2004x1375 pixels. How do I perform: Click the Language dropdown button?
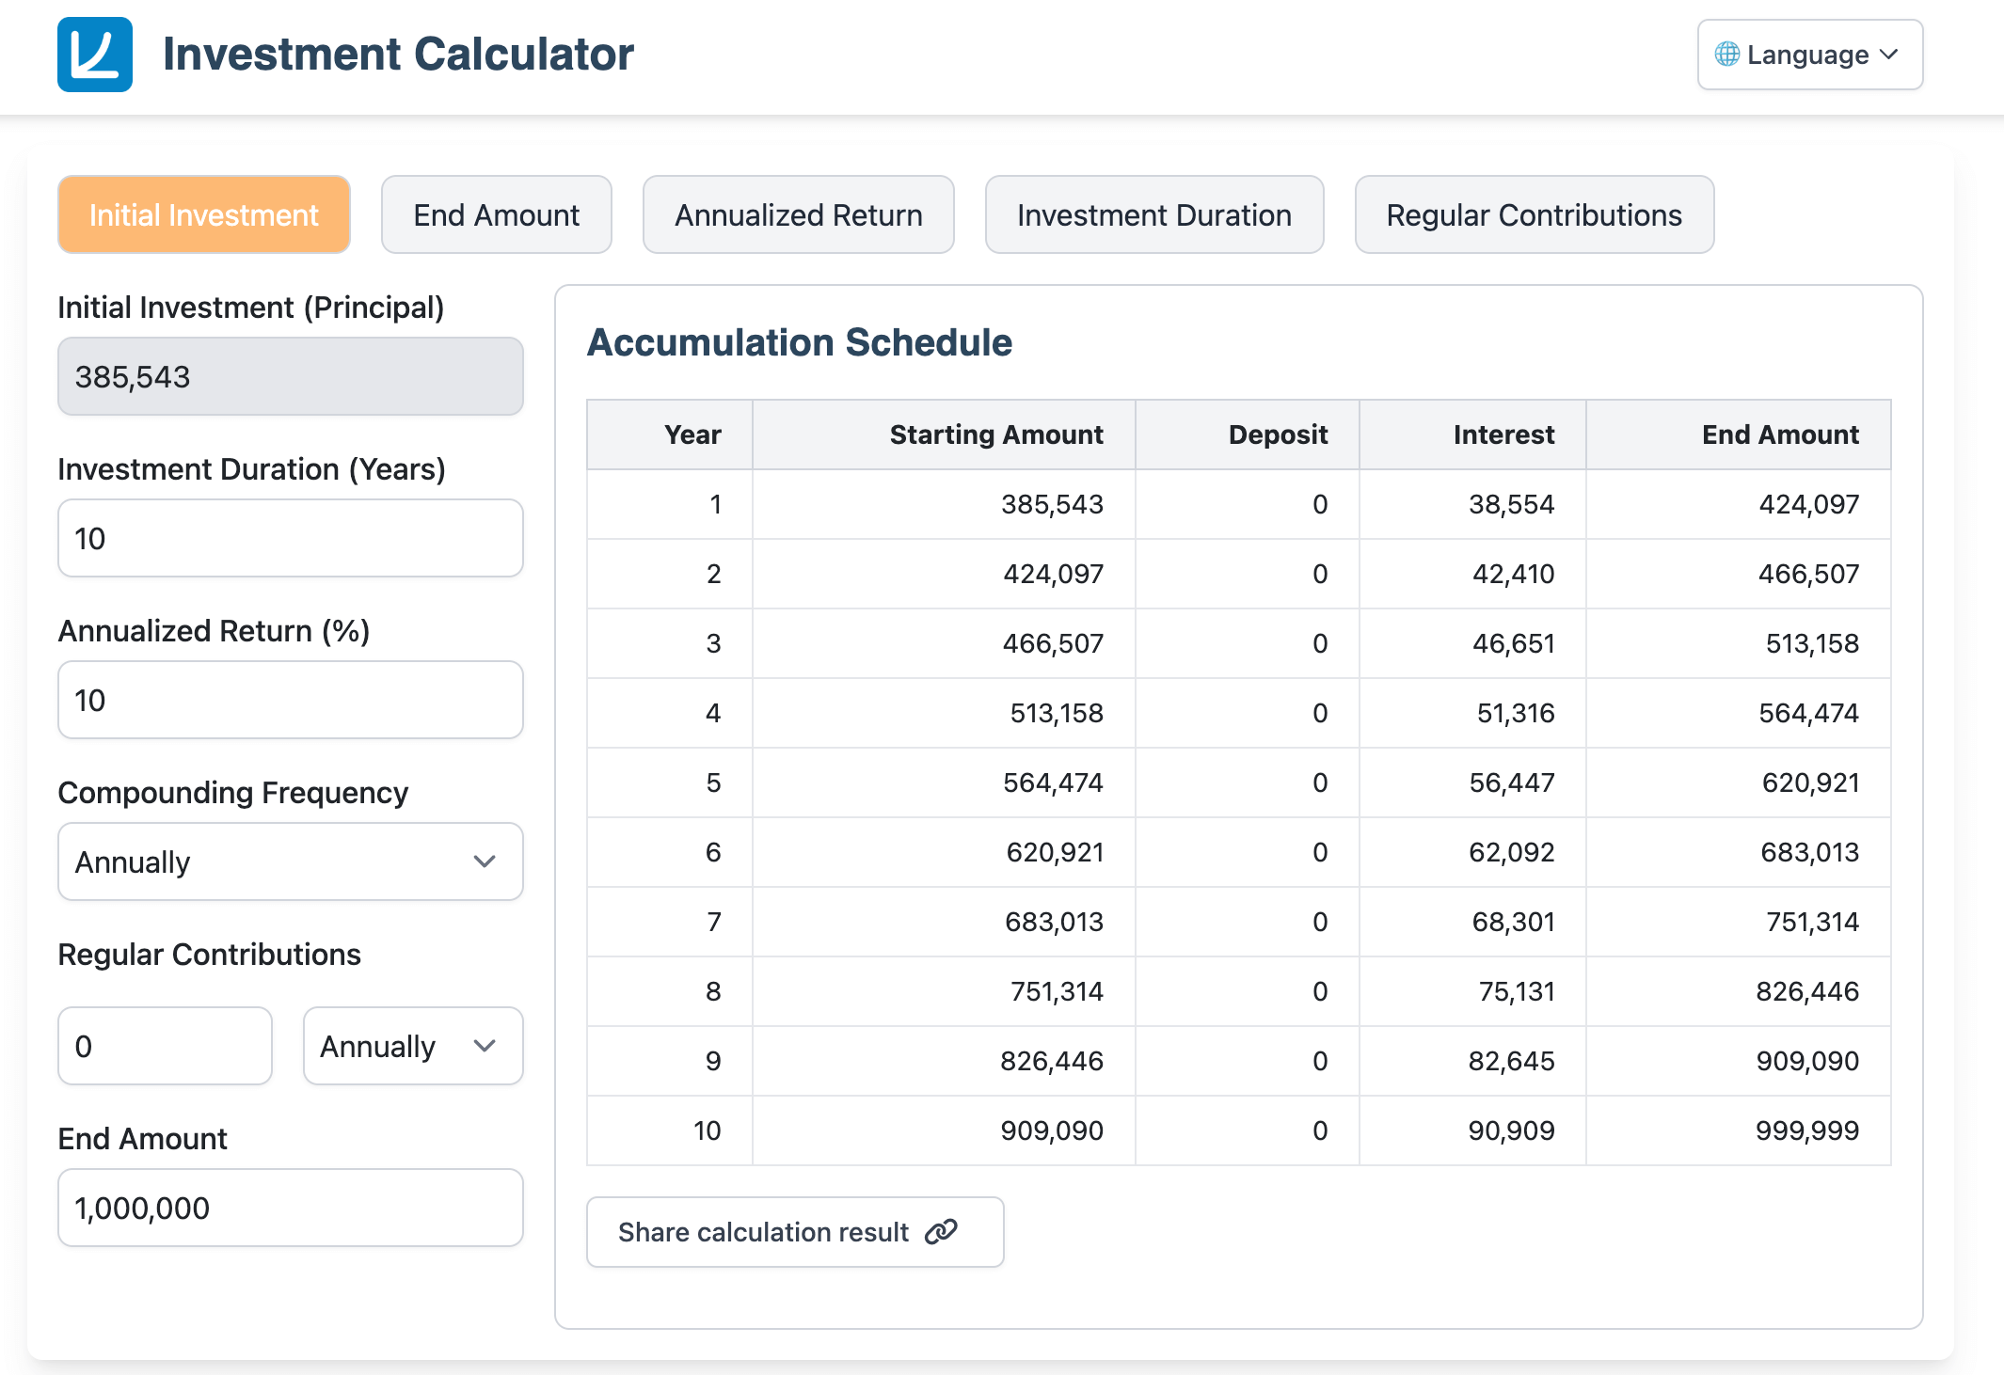pos(1808,55)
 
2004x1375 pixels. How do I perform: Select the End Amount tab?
pos(496,215)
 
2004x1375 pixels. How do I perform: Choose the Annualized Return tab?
pos(798,215)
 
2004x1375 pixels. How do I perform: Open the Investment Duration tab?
pos(1153,215)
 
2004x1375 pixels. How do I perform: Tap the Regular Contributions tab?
pos(1534,215)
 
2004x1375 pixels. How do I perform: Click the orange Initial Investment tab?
pos(203,215)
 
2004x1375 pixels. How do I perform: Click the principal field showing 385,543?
pos(290,377)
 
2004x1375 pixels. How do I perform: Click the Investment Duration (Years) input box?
pos(290,539)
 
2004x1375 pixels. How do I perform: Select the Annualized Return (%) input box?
pos(290,701)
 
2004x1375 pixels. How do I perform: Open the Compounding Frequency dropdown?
pos(290,862)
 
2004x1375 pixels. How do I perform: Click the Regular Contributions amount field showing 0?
pos(165,1047)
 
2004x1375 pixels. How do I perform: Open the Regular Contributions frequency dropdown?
pos(412,1047)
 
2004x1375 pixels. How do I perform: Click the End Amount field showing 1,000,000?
pos(290,1209)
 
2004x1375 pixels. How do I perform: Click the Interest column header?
pos(1503,435)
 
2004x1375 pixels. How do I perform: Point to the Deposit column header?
pos(1277,435)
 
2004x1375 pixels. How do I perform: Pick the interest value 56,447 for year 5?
pos(1511,782)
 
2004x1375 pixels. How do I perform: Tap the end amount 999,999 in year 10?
pos(1806,1130)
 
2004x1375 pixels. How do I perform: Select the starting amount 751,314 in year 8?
pos(1056,991)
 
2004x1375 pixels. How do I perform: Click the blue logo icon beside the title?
pos(95,55)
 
